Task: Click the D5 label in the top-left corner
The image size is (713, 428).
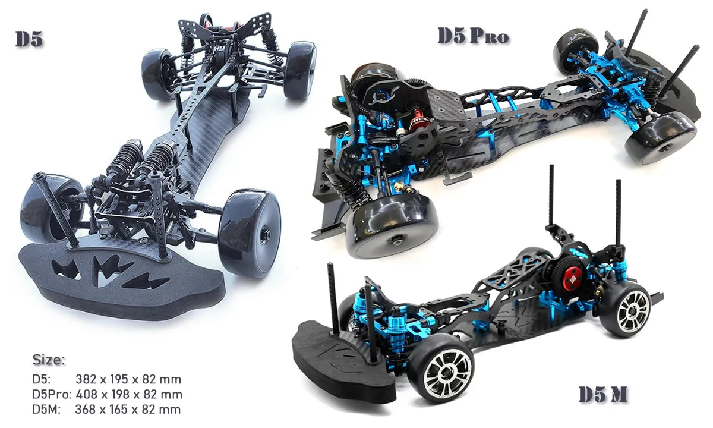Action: click(29, 39)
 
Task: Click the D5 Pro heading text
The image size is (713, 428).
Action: click(473, 36)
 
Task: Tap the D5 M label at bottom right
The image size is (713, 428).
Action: click(603, 395)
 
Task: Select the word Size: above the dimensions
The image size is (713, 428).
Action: click(49, 360)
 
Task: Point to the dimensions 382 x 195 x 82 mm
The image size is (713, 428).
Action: click(128, 379)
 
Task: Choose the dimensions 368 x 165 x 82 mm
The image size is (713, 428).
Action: click(128, 409)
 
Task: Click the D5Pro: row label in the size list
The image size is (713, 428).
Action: click(52, 394)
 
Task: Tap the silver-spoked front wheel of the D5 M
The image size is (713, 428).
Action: click(442, 374)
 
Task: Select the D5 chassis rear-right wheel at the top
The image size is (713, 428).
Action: click(299, 70)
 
